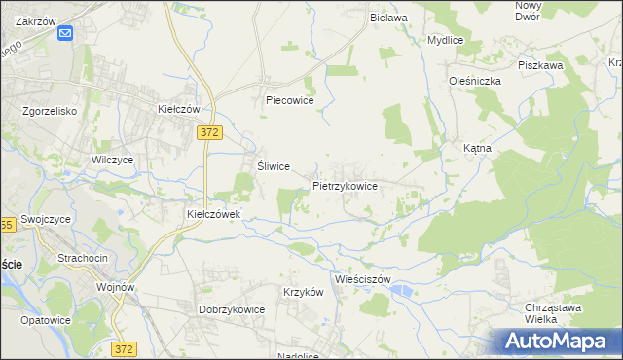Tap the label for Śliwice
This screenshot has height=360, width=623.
point(274,166)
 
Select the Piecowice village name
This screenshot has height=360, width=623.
point(288,100)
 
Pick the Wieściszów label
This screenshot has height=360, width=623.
point(361,279)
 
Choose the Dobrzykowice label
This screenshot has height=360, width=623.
point(233,309)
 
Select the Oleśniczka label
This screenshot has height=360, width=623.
point(474,82)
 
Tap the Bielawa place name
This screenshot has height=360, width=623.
point(387,18)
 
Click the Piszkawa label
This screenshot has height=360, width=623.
point(541,65)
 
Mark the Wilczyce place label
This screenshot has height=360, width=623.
point(112,160)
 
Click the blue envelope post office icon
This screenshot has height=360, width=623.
point(65,34)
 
